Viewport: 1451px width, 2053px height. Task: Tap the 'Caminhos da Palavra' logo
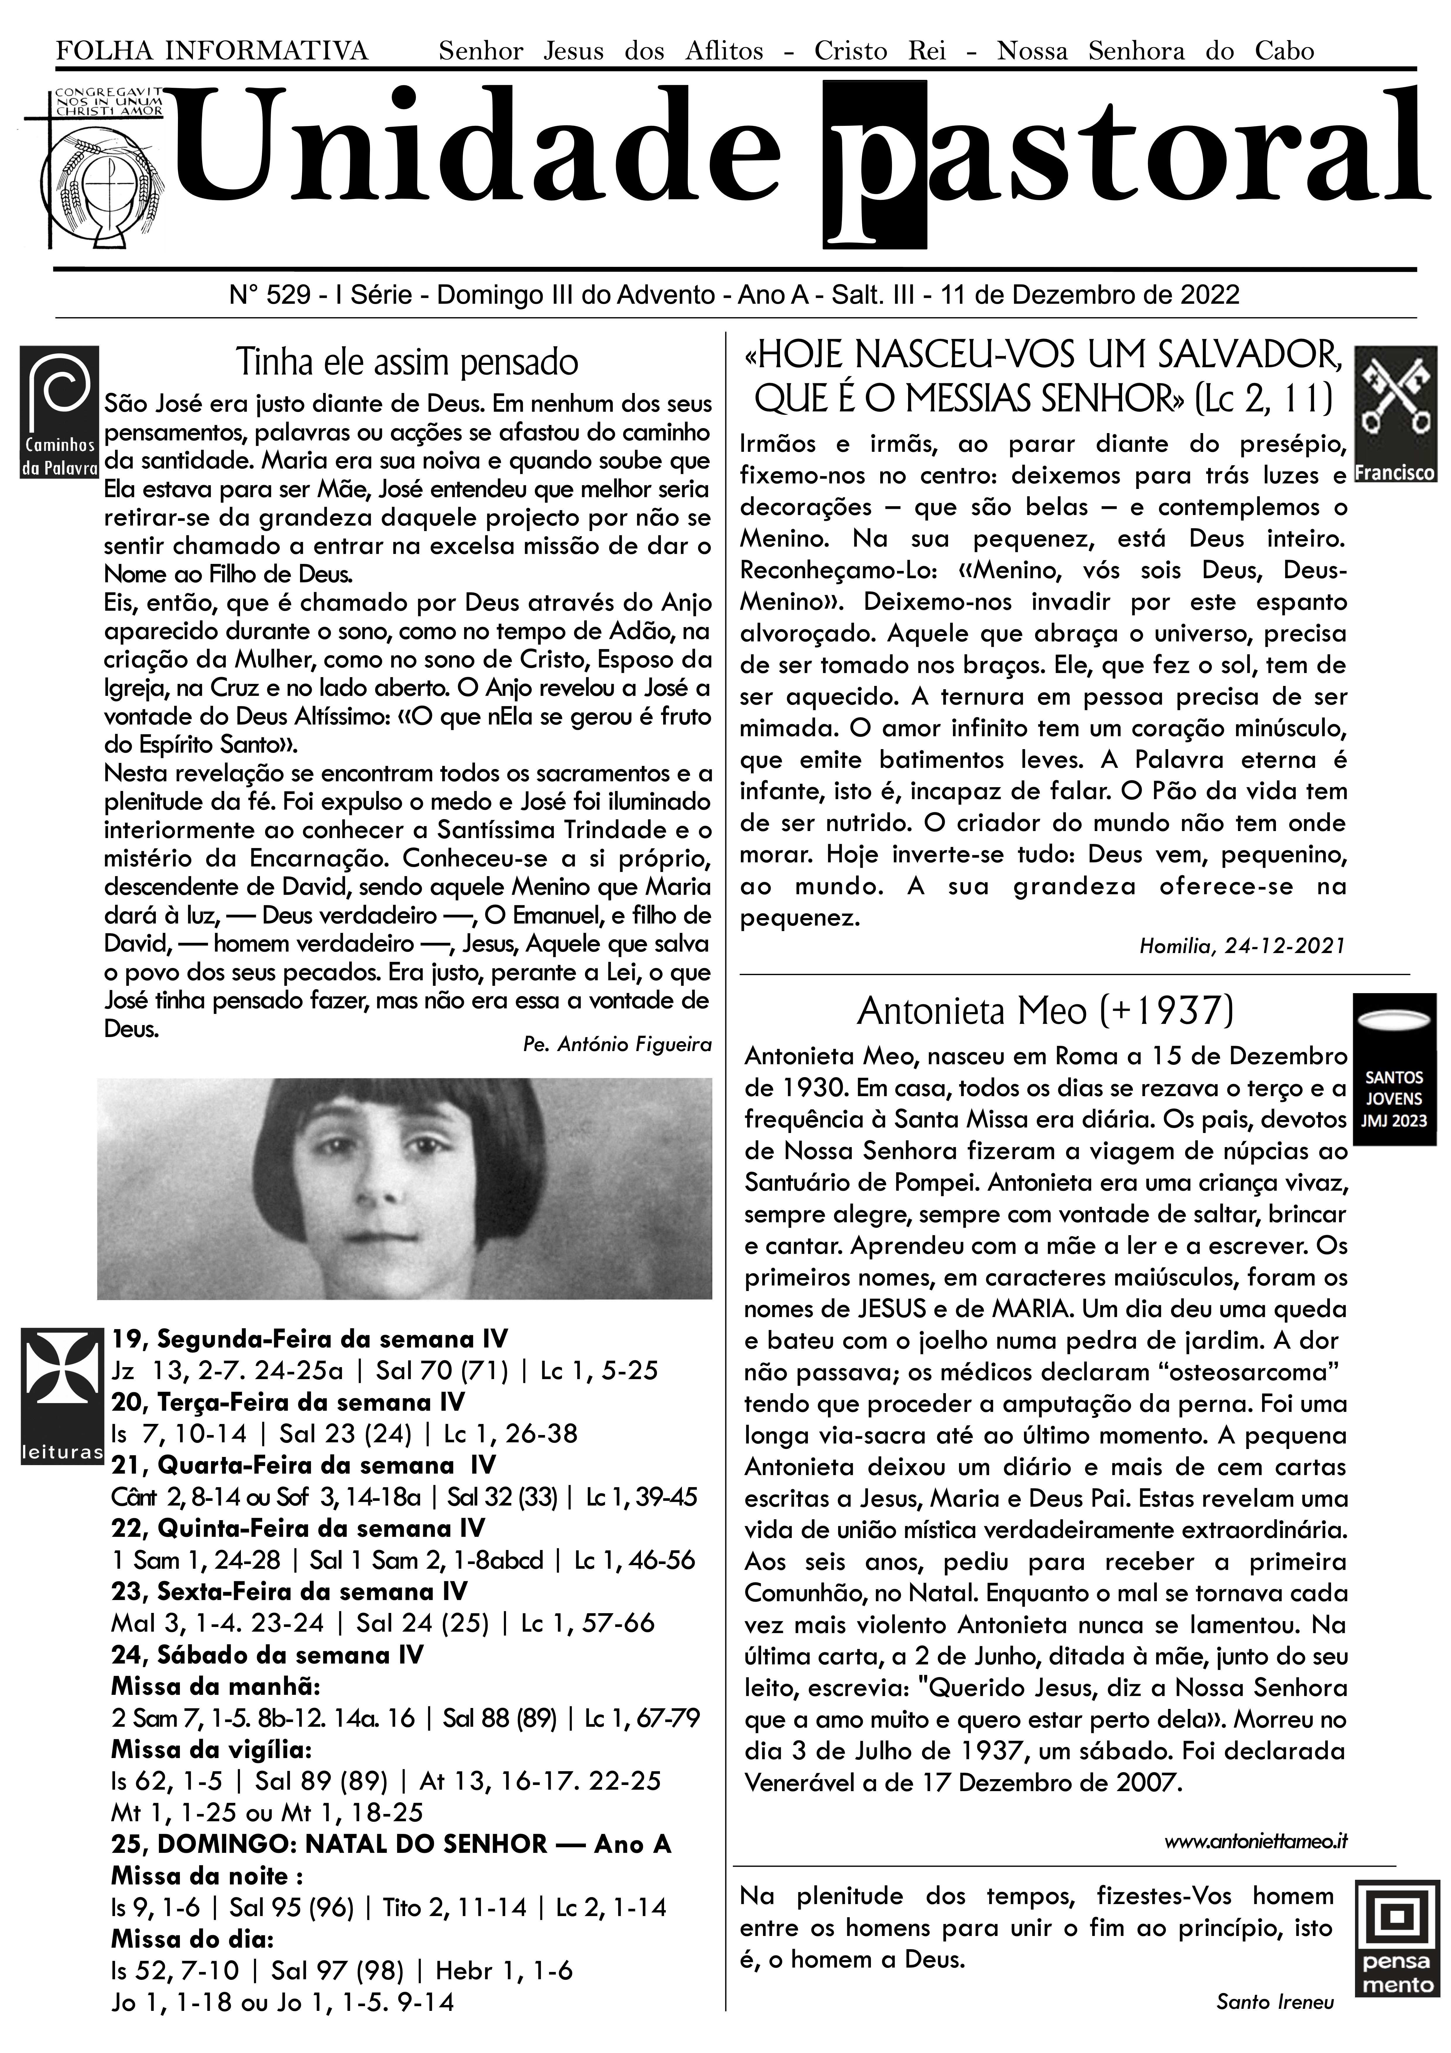(x=59, y=411)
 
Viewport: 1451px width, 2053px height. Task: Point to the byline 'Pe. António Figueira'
(x=617, y=1044)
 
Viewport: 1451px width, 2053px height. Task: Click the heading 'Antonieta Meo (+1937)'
(x=1044, y=1011)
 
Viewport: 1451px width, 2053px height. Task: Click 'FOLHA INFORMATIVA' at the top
(x=212, y=51)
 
